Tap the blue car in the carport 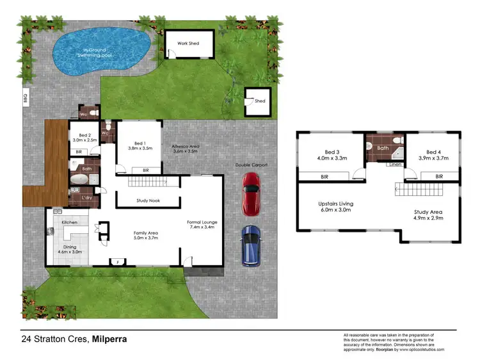pos(250,246)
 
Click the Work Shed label pos(188,43)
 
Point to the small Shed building pos(257,101)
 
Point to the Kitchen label pos(70,222)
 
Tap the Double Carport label pos(251,165)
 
